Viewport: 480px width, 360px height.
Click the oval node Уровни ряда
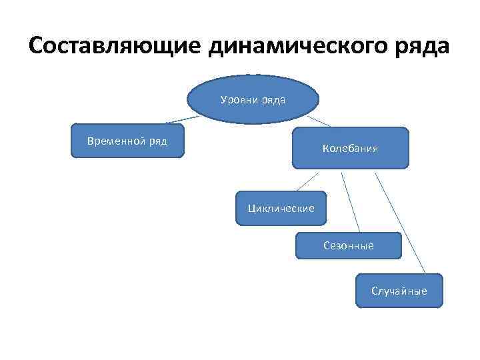[x=253, y=100]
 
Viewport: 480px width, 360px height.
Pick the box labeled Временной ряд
[x=127, y=140]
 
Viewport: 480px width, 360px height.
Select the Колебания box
[x=350, y=147]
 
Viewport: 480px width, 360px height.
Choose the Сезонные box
[x=348, y=245]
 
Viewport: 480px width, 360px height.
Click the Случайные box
[x=399, y=290]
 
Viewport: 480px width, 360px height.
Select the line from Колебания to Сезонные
[x=351, y=200]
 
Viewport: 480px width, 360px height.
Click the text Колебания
[x=350, y=148]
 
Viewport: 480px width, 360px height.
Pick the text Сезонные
[x=348, y=245]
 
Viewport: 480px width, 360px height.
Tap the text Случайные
[x=399, y=291]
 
